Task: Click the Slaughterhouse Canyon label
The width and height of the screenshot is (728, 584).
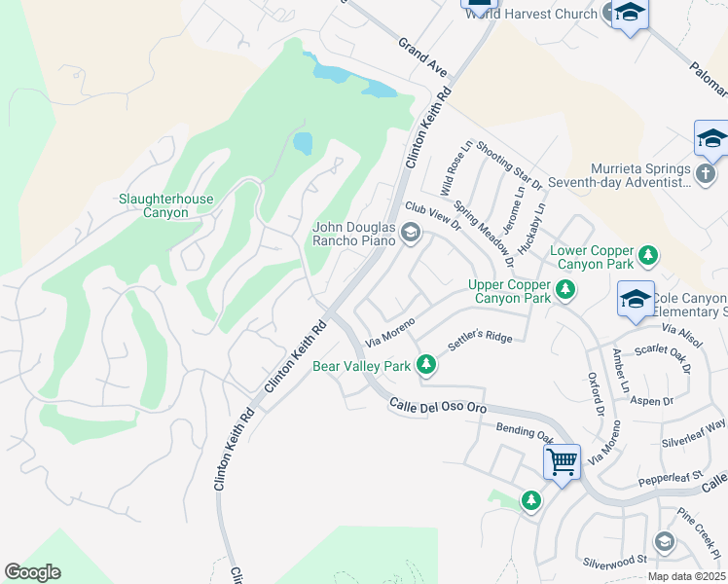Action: coord(165,205)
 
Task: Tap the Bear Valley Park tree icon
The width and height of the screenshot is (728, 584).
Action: coord(425,365)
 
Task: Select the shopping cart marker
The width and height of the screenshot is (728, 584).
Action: coord(563,461)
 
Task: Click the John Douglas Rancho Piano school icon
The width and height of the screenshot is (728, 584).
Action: coord(410,232)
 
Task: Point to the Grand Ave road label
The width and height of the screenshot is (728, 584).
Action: coord(421,58)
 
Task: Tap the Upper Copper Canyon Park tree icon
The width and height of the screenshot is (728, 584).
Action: coord(564,290)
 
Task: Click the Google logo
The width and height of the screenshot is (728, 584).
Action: coord(32,572)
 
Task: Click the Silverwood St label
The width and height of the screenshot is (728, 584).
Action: coord(615,561)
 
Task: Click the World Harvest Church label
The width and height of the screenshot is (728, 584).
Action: coord(529,14)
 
